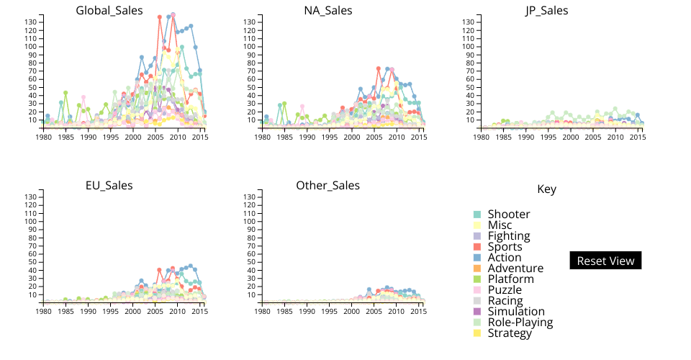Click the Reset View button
point(605,261)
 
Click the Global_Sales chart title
point(109,11)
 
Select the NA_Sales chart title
point(328,11)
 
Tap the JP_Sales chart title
point(546,11)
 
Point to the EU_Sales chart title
point(109,186)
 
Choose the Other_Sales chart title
point(328,186)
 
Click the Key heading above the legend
point(546,189)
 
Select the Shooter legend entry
point(508,215)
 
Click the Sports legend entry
point(504,247)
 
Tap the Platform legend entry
point(510,279)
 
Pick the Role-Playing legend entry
point(520,323)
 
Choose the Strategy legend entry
point(508,333)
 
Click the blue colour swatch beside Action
point(477,258)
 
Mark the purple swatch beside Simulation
point(477,312)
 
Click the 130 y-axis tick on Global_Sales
point(31,22)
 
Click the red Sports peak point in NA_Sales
point(379,68)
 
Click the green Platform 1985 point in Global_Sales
point(66,93)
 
